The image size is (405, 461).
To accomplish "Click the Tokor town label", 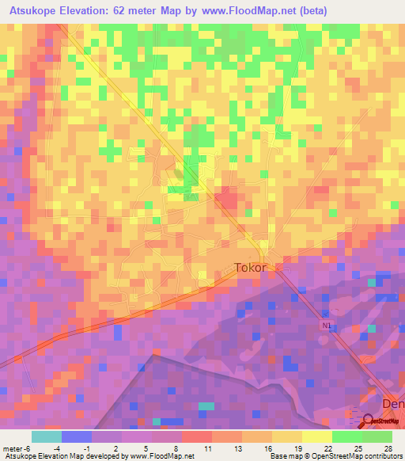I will click(252, 268).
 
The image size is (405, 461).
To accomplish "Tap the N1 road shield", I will click(327, 325).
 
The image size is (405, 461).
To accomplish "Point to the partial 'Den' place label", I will click(392, 403).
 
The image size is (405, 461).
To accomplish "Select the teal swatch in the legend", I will click(47, 436).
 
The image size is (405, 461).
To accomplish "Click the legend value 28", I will click(388, 448).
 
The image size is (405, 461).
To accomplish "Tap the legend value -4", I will click(57, 448).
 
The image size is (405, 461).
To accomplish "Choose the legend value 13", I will click(237, 448).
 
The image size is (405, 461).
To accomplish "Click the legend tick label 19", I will click(297, 448).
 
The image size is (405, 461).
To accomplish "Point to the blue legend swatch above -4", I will click(77, 436).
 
